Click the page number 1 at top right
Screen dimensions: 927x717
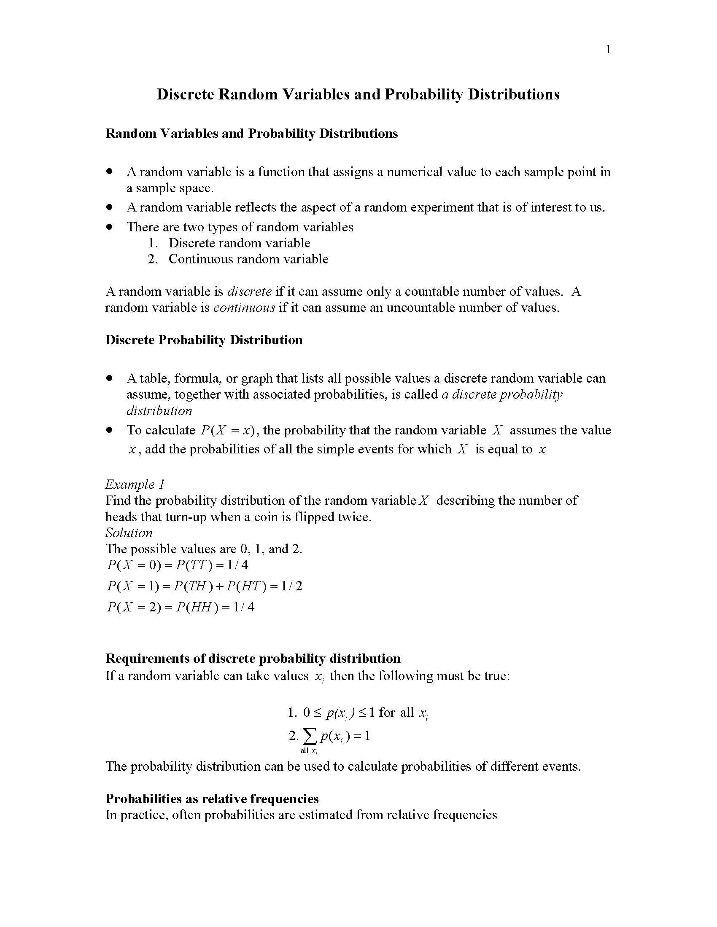tap(608, 50)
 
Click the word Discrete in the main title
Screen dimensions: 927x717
tap(185, 94)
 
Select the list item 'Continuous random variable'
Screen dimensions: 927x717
tap(248, 259)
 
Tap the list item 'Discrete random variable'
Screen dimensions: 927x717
tap(239, 243)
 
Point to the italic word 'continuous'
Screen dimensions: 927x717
tap(244, 307)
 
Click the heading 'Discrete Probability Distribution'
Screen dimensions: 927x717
tap(204, 340)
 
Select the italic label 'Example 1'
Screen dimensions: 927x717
tap(135, 484)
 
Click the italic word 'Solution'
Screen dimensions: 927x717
tap(129, 533)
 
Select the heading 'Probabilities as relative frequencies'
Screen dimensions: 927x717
tap(212, 798)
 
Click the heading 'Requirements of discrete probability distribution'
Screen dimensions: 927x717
tap(253, 658)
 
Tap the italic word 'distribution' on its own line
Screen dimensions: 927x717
tap(159, 410)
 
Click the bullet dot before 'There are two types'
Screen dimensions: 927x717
tap(110, 226)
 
